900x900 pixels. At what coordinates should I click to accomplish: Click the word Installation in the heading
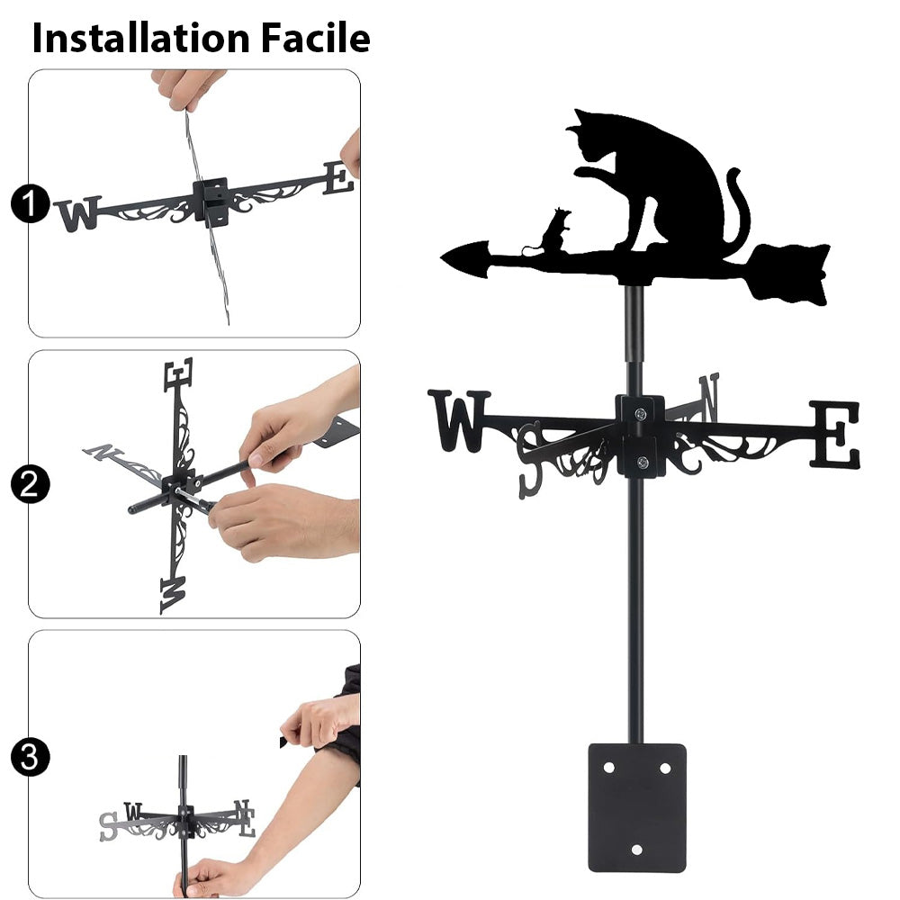tap(140, 38)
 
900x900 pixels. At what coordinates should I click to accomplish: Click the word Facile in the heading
tap(316, 38)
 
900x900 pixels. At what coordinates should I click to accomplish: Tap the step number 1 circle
tap(30, 203)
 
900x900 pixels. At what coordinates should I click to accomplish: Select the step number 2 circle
tap(30, 484)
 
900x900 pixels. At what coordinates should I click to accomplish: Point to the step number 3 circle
tap(30, 757)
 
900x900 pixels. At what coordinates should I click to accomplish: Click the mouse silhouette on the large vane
tap(553, 232)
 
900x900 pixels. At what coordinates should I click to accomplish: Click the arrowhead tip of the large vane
tap(441, 258)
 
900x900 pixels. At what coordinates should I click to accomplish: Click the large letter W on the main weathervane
tap(459, 420)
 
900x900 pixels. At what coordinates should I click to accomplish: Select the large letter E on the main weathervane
tap(835, 434)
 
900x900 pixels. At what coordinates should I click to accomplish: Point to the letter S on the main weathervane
tap(530, 460)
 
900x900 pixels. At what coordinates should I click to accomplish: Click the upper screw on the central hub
tap(641, 413)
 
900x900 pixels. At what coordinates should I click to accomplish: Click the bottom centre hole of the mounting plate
tap(636, 850)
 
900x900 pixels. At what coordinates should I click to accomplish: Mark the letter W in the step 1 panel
tap(78, 213)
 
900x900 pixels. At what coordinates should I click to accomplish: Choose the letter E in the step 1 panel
tap(338, 178)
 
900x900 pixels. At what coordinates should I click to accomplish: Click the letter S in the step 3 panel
tap(108, 826)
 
